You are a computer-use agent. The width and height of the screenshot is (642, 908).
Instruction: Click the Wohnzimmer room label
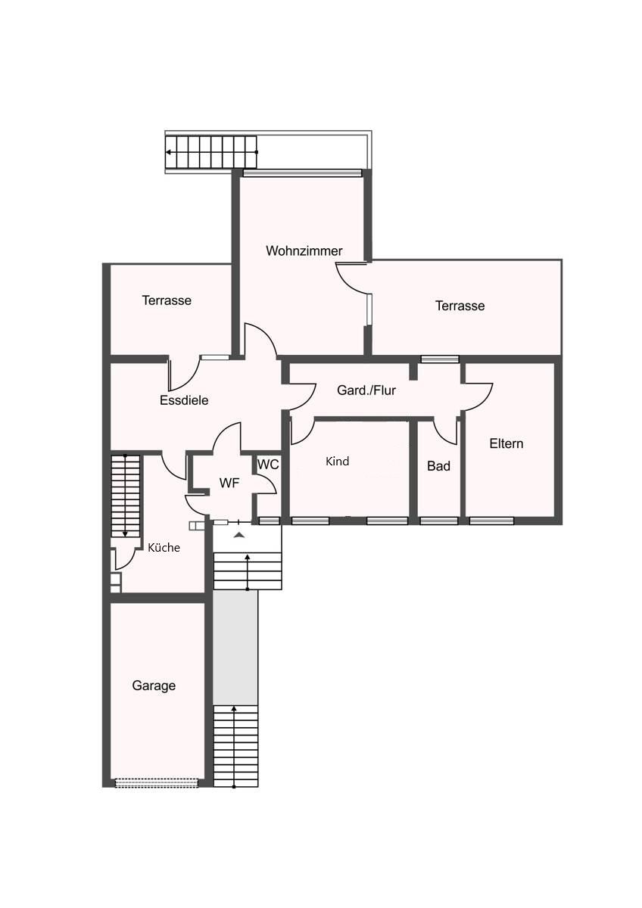(304, 250)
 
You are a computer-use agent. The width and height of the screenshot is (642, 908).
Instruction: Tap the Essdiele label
(184, 400)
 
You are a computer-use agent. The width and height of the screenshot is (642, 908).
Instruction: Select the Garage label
(154, 686)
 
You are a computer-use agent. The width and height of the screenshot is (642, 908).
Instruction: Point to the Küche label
(164, 548)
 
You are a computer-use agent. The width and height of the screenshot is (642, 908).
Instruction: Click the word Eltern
(506, 443)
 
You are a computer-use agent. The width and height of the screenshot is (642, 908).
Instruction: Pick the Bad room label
(438, 466)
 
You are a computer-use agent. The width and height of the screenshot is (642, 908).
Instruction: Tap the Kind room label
(337, 462)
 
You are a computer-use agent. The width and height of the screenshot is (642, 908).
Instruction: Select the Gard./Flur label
(366, 390)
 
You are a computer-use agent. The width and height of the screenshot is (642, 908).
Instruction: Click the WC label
(268, 465)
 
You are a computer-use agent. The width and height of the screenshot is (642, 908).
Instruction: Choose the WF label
(229, 483)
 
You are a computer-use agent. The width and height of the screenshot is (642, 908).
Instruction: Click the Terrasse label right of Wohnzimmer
(460, 306)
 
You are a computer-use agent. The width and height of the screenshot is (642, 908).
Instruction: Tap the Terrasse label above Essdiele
(167, 300)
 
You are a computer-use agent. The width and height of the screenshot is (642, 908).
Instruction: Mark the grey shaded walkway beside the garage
(235, 648)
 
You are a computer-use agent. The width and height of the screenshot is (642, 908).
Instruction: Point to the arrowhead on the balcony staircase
(168, 152)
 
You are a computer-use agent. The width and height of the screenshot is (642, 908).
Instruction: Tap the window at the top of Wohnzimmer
(302, 173)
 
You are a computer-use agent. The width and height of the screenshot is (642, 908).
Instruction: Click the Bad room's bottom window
(439, 521)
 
